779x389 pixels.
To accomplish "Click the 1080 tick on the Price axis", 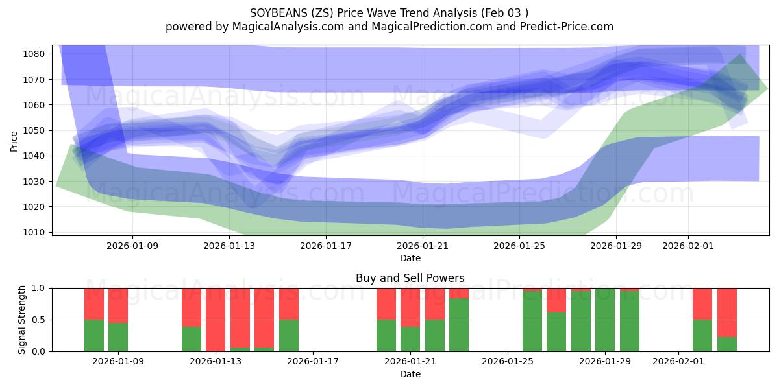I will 36,54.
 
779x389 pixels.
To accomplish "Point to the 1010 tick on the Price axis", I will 36,232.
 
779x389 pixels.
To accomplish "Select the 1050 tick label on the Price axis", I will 36,130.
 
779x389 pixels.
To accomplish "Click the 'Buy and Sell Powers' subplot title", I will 410,278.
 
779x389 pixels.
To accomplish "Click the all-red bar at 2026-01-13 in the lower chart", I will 216,320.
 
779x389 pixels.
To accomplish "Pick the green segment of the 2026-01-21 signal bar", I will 410,339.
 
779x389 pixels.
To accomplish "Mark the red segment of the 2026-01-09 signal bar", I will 118,305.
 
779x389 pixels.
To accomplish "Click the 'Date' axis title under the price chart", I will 410,258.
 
